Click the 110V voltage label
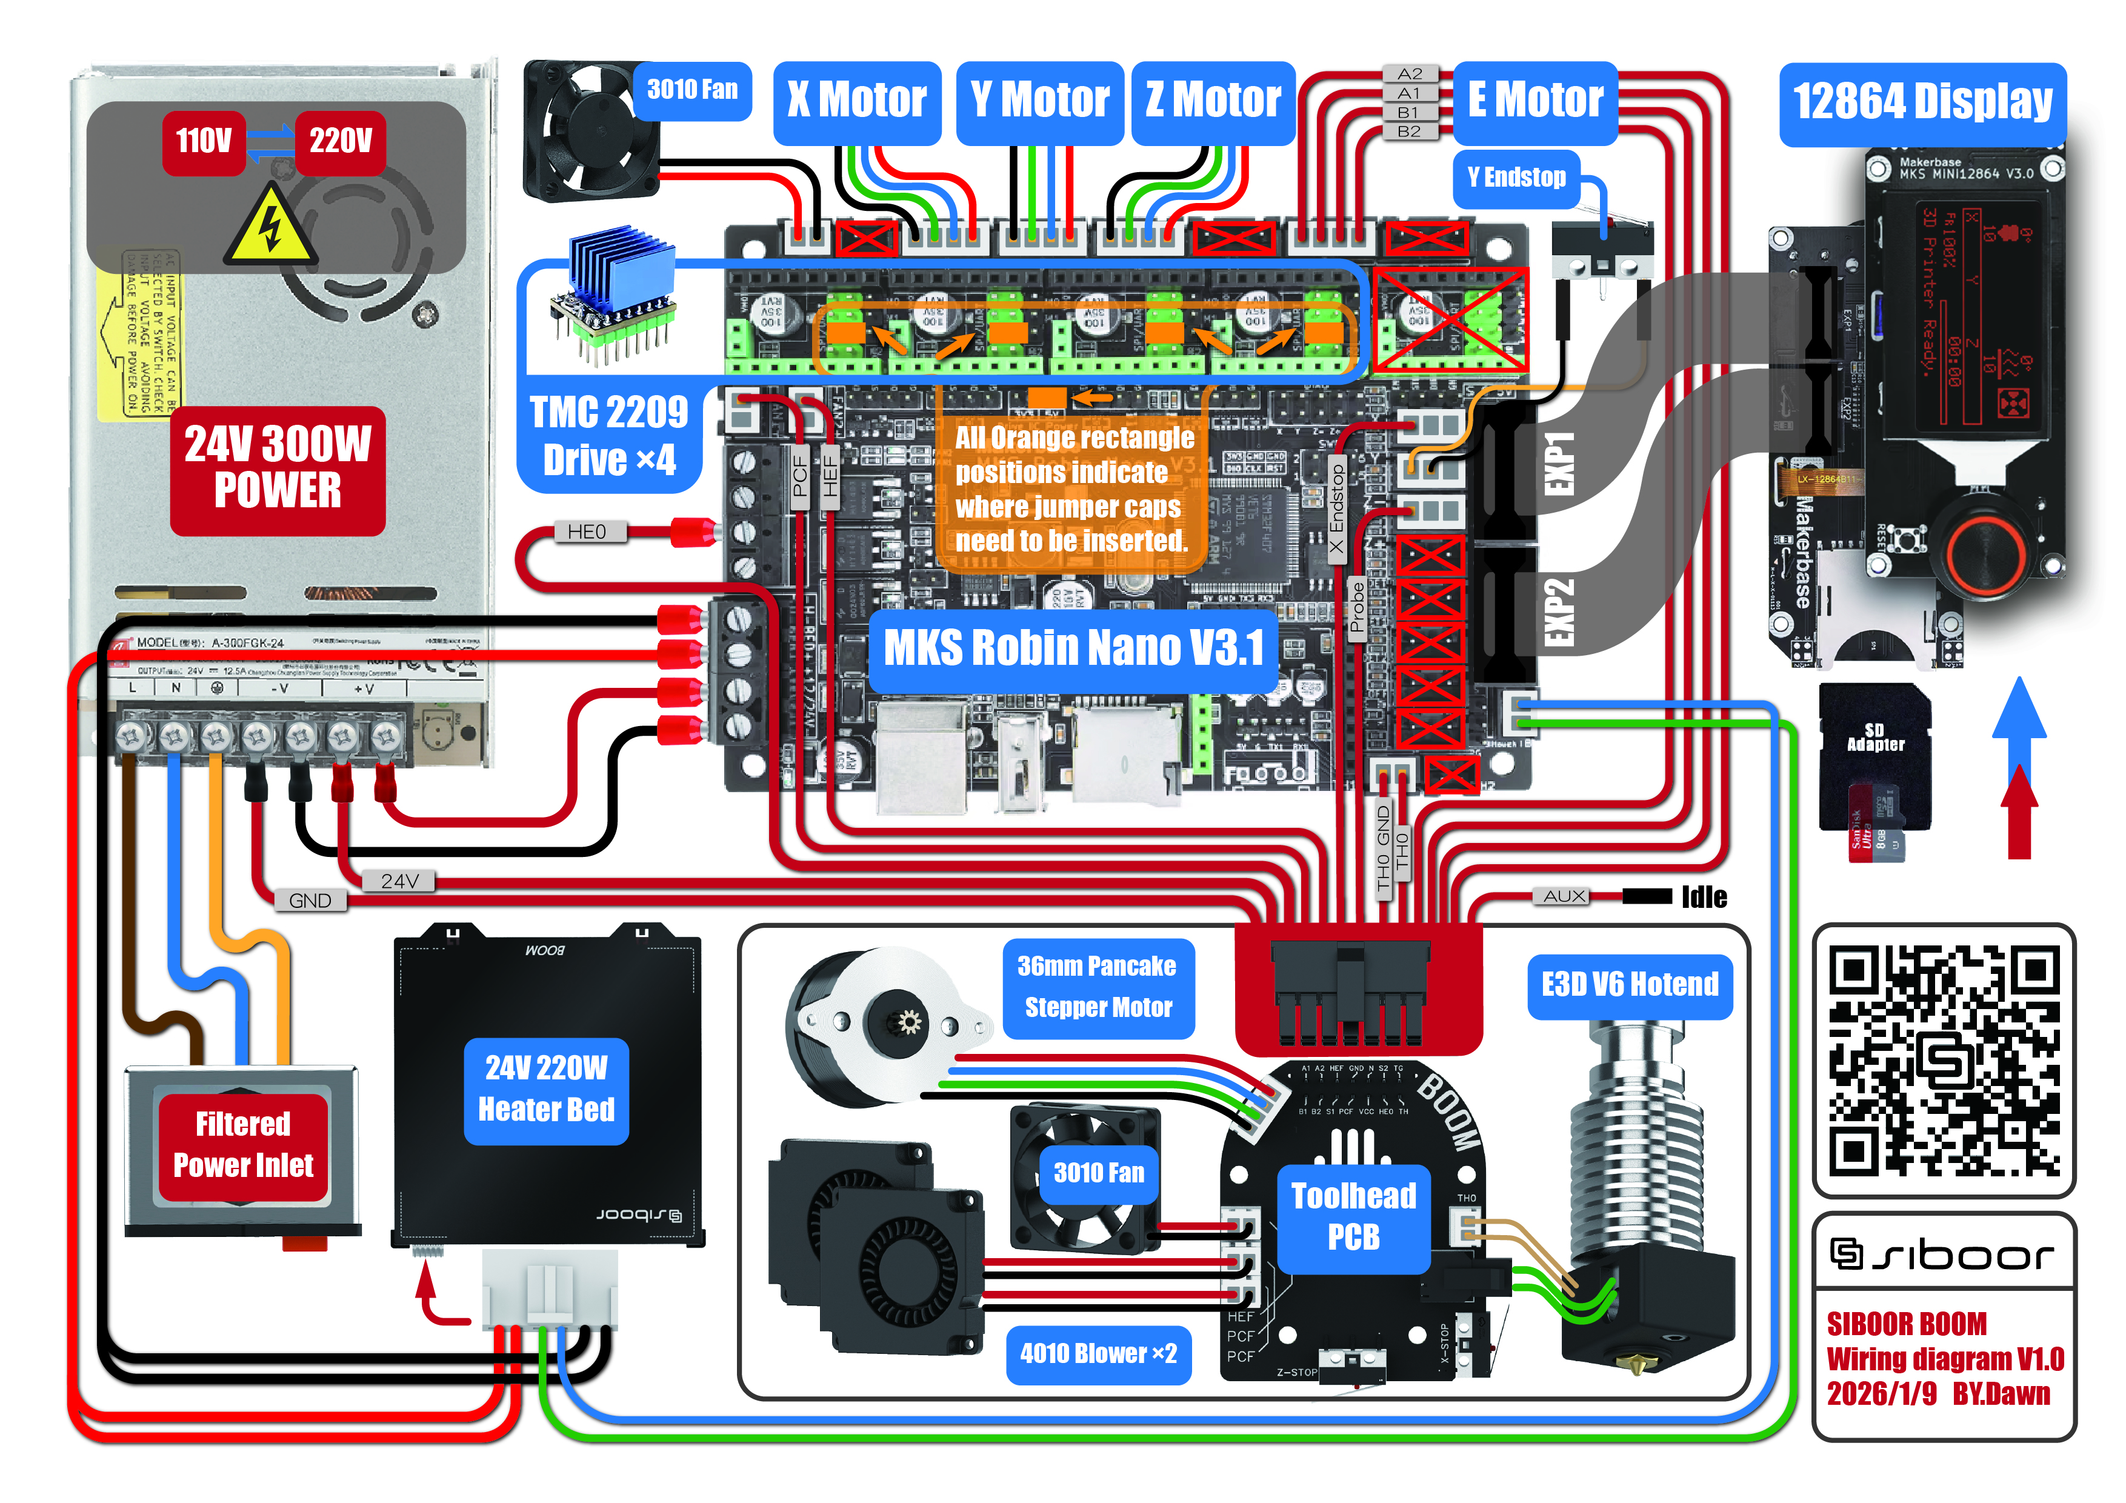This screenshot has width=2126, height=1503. point(204,142)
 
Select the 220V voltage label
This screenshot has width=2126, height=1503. point(340,142)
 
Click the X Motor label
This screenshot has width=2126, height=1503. point(856,101)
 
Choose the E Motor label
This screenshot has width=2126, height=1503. point(1535,101)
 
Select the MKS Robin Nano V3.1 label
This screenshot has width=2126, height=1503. point(1073,648)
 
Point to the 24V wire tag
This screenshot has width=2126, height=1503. point(399,881)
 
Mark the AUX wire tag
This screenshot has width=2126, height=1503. point(1564,896)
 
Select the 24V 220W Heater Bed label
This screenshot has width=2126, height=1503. point(546,1090)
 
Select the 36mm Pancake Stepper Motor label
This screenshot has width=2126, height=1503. point(1098,987)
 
